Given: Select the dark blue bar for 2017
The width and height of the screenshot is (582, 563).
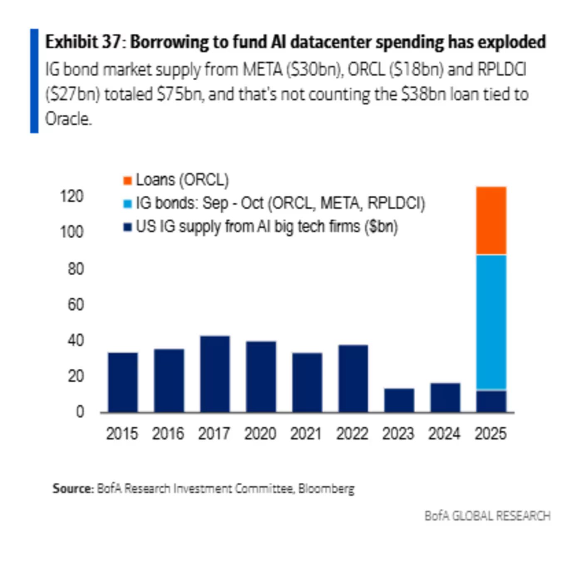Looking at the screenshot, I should click(215, 374).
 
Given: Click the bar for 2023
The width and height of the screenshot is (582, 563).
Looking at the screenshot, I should click(399, 400).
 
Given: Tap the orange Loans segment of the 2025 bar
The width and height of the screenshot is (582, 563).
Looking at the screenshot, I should click(491, 220).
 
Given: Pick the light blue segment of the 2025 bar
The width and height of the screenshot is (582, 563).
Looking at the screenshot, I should click(491, 322).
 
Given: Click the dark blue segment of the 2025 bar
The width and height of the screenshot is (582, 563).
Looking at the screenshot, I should click(491, 401).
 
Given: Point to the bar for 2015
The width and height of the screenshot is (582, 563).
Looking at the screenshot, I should click(123, 382).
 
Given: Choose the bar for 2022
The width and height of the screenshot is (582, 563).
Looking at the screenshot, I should click(353, 378).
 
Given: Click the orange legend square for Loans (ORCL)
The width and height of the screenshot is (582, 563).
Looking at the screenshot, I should click(128, 180).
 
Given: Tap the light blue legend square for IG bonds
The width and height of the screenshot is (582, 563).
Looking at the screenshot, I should click(128, 204).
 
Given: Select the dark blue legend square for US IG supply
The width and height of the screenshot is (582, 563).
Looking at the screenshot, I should click(128, 227).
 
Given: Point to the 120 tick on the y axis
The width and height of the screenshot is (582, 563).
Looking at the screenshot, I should click(72, 196).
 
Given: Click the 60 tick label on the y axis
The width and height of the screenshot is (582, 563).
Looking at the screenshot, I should click(76, 305).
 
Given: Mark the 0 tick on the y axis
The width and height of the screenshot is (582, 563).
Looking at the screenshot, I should click(80, 412).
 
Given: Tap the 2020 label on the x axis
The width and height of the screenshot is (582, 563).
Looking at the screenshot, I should click(260, 434).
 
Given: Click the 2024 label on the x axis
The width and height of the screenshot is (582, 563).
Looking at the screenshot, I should click(444, 434).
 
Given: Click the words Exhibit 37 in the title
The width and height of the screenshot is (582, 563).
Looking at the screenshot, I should click(83, 42).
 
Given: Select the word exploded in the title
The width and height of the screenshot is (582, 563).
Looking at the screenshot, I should click(511, 42).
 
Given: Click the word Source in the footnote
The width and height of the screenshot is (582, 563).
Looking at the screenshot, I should click(73, 488).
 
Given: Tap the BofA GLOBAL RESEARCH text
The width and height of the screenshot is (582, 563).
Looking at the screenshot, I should click(487, 516).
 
